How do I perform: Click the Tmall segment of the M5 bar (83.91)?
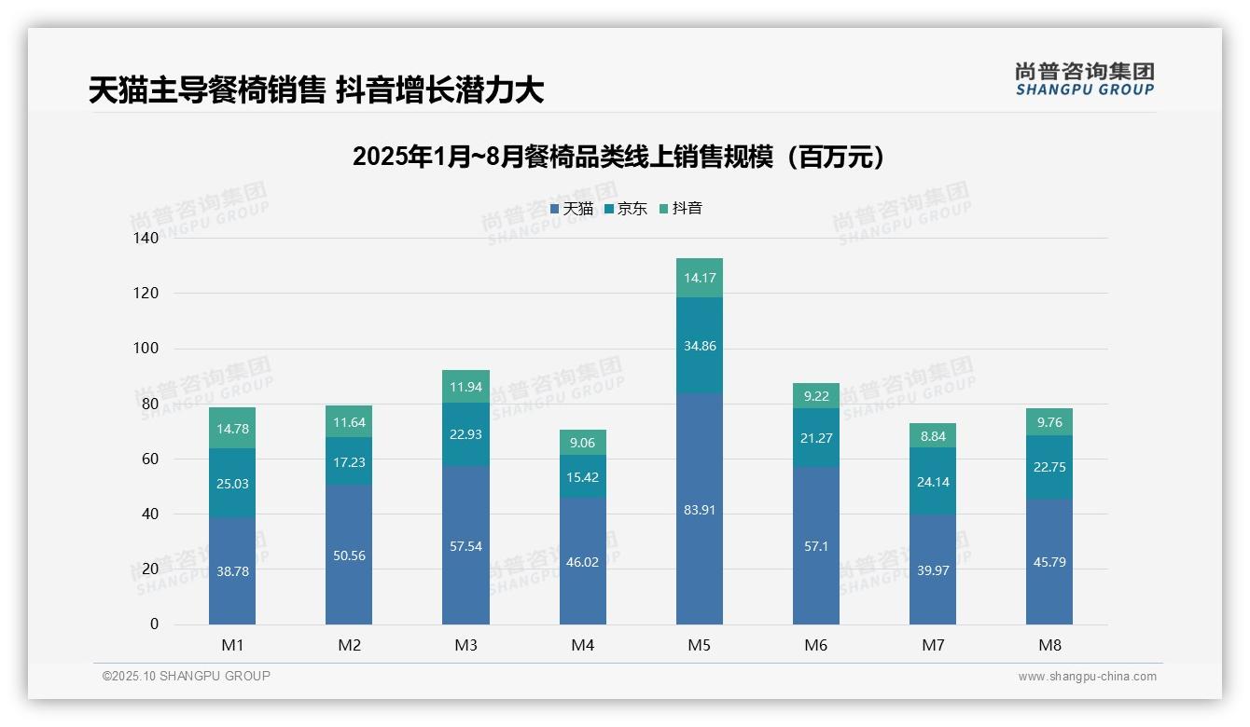[x=699, y=509]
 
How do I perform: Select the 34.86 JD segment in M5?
[x=699, y=346]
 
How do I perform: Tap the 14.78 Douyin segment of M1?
[x=232, y=428]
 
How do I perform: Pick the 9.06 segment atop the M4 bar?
[x=582, y=443]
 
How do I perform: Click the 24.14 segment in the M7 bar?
[x=932, y=482]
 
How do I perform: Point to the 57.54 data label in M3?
[x=465, y=546]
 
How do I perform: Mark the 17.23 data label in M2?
[x=349, y=461]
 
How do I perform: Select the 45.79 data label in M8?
[x=1049, y=563]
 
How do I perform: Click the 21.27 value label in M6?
[x=815, y=439]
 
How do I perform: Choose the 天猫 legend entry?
[x=572, y=209]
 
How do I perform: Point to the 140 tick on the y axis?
[x=147, y=238]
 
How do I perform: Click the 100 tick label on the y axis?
[x=147, y=349]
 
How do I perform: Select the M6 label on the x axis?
[x=815, y=645]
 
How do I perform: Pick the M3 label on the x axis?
[x=465, y=645]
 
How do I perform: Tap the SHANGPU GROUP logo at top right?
[x=1084, y=78]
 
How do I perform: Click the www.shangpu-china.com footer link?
[x=1087, y=677]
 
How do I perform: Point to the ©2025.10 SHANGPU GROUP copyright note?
[x=187, y=677]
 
